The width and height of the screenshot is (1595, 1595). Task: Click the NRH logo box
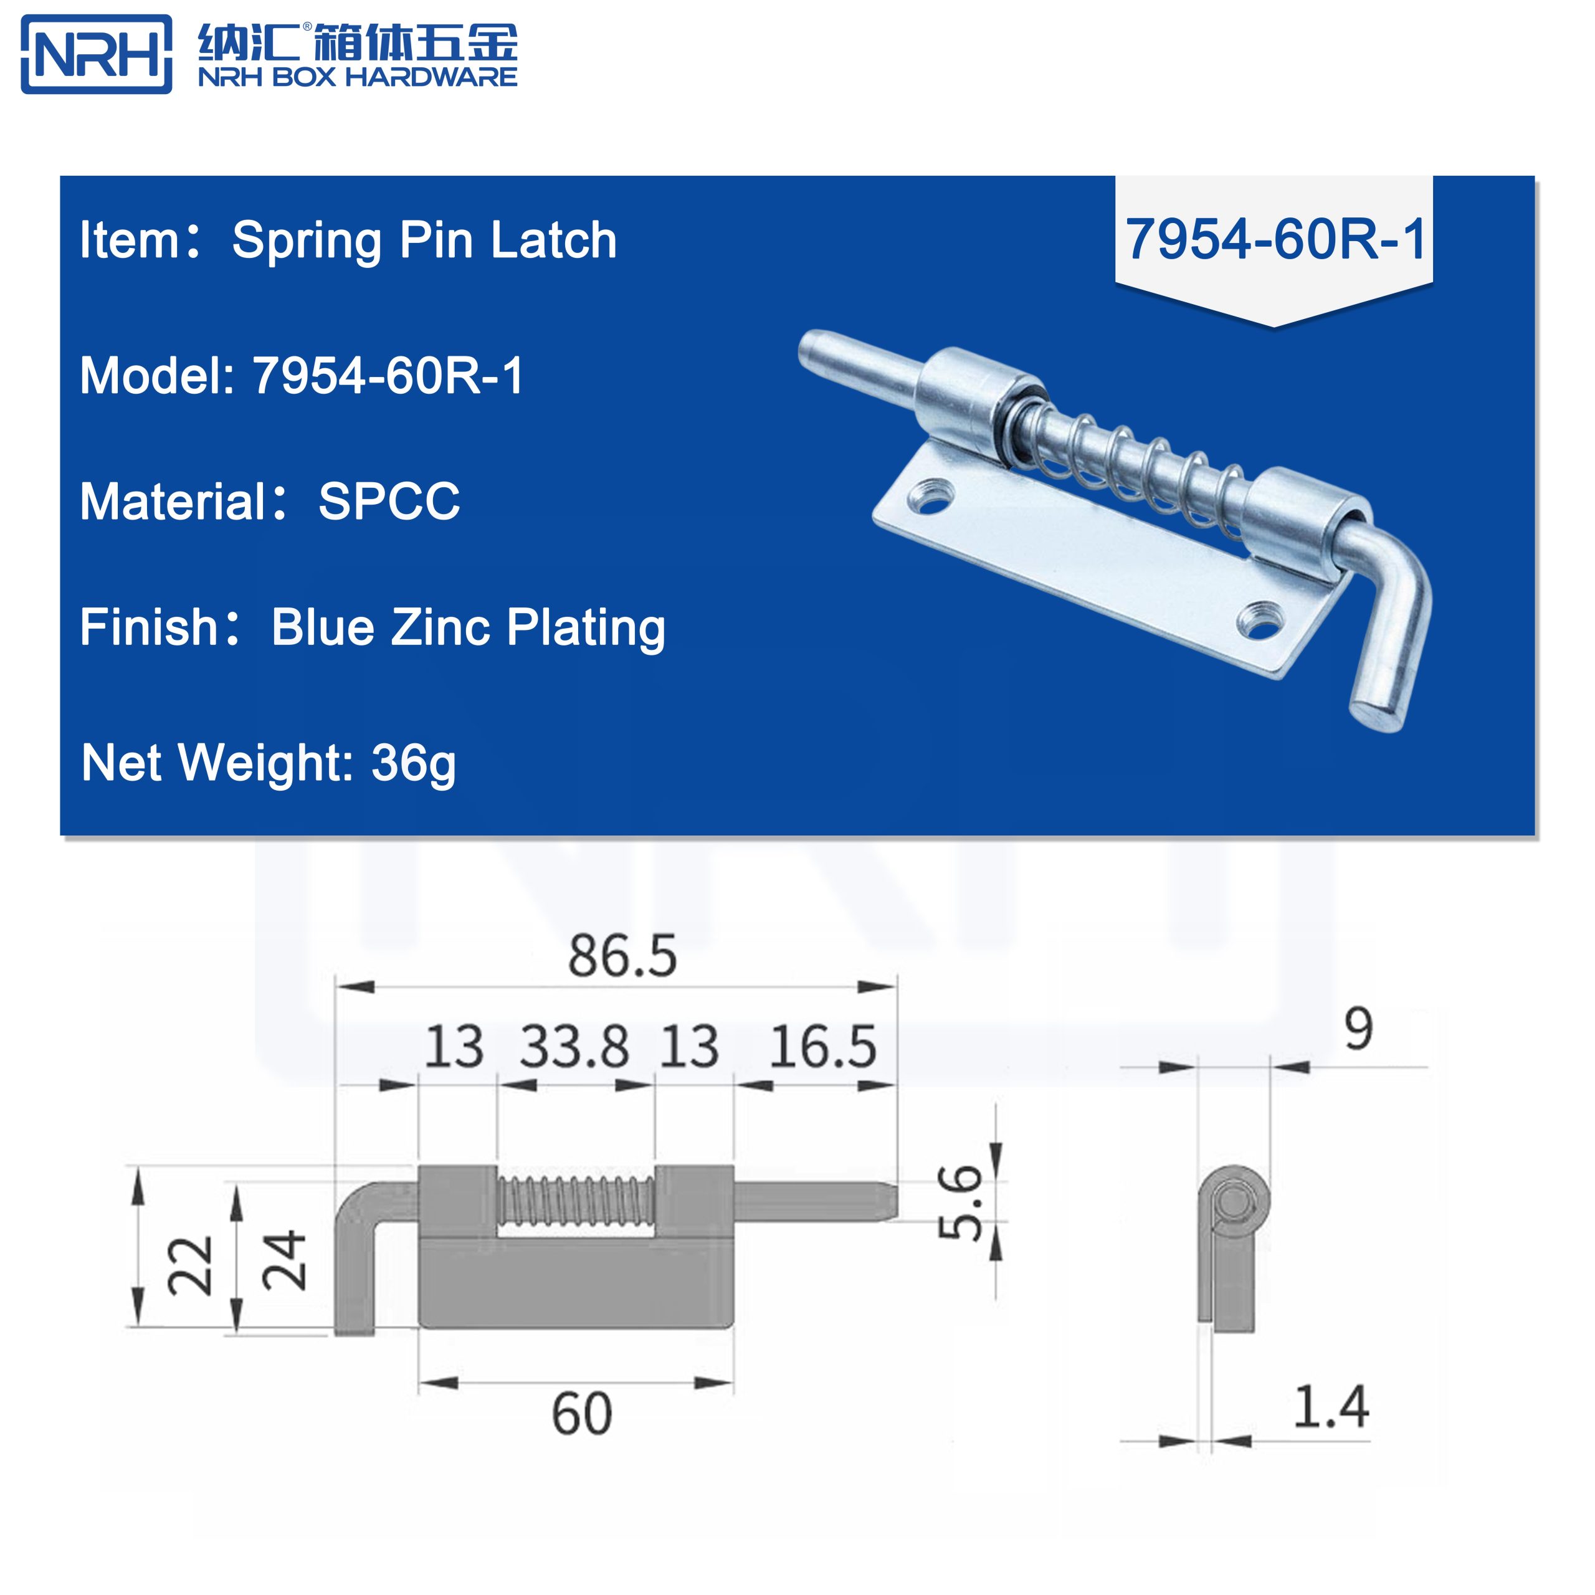click(x=96, y=54)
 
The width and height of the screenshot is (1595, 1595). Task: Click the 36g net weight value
click(x=413, y=763)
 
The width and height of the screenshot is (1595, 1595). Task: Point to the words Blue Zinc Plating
click(x=468, y=628)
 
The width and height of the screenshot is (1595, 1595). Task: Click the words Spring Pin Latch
click(x=424, y=240)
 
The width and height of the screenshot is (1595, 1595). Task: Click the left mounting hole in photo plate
click(x=931, y=498)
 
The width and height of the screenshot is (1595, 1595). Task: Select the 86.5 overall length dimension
click(x=622, y=956)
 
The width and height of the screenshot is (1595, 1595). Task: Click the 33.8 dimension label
click(x=574, y=1047)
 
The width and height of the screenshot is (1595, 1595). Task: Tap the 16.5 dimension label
click(x=822, y=1047)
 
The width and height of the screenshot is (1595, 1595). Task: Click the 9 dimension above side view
click(x=1358, y=1029)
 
